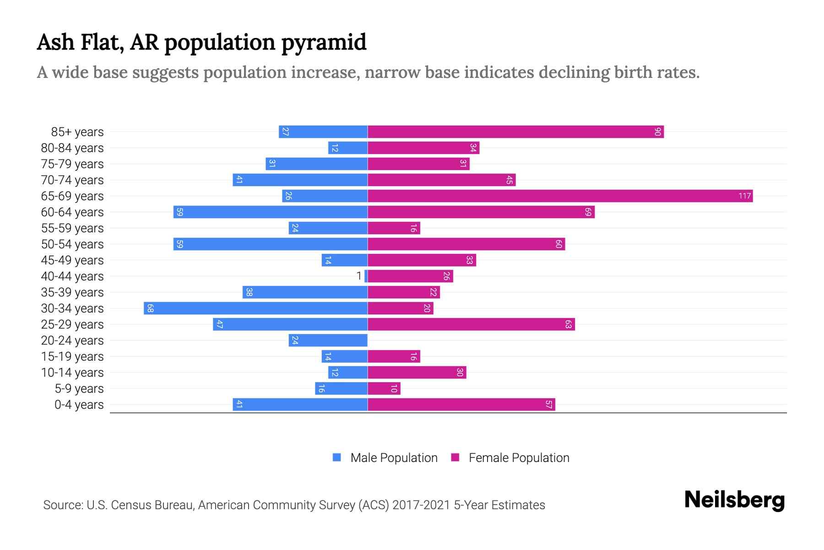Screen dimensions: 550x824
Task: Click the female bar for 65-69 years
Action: pyautogui.click(x=560, y=196)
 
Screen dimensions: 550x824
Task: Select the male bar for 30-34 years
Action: pyautogui.click(x=255, y=308)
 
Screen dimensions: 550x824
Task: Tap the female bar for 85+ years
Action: pyautogui.click(x=515, y=132)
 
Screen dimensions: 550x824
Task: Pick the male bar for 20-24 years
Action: pyautogui.click(x=328, y=341)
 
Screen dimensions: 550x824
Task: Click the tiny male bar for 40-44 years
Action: pyautogui.click(x=366, y=276)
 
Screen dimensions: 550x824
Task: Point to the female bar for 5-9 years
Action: pyautogui.click(x=384, y=389)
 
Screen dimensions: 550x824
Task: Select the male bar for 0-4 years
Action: pyautogui.click(x=300, y=405)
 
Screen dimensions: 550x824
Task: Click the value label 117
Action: pyautogui.click(x=744, y=196)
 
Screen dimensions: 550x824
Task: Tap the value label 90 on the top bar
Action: pyautogui.click(x=657, y=132)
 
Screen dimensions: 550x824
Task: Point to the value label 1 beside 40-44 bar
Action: pyautogui.click(x=359, y=276)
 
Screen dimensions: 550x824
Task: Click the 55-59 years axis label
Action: pyautogui.click(x=72, y=228)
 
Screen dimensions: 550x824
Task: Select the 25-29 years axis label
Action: pyautogui.click(x=72, y=324)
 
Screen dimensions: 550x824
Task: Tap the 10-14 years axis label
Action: pyautogui.click(x=72, y=373)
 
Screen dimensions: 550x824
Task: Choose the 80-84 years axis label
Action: pyautogui.click(x=72, y=148)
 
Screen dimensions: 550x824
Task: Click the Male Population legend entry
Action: pyautogui.click(x=393, y=458)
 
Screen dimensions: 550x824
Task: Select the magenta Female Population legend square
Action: pyautogui.click(x=455, y=457)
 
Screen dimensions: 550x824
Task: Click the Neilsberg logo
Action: pyautogui.click(x=734, y=500)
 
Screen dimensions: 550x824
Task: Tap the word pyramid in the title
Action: pyautogui.click(x=324, y=43)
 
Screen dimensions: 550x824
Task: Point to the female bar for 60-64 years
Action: pyautogui.click(x=481, y=212)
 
